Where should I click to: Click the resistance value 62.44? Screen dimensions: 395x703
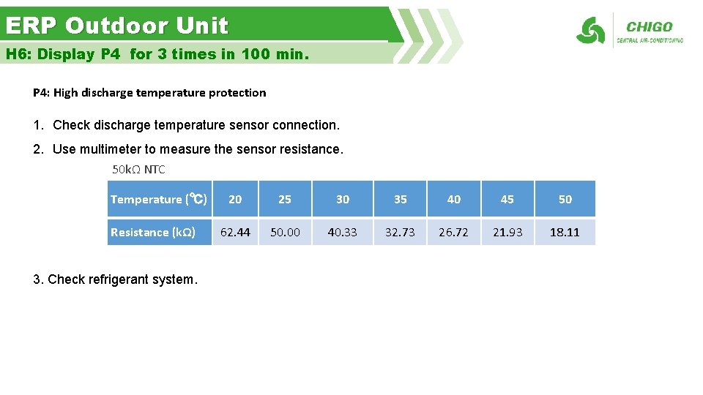point(235,232)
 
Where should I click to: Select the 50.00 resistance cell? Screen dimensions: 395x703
point(285,232)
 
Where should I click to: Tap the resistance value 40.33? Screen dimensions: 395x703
point(342,232)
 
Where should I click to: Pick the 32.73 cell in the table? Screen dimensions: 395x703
point(400,232)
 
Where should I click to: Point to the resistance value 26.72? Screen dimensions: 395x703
point(453,232)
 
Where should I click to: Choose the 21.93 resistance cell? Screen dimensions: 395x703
point(507,232)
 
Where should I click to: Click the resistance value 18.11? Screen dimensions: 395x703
point(565,232)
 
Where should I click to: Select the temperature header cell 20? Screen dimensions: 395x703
point(235,199)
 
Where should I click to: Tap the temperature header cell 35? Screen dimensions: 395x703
point(400,199)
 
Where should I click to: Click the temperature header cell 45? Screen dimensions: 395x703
point(507,199)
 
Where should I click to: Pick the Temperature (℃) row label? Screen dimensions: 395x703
point(158,199)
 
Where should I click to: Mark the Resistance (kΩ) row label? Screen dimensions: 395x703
point(152,232)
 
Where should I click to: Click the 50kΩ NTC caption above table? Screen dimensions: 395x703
point(138,170)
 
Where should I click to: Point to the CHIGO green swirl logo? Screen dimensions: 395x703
point(590,31)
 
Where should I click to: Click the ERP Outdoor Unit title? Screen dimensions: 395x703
point(117,26)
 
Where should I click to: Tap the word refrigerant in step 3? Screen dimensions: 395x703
point(119,279)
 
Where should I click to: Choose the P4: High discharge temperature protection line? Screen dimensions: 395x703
point(149,93)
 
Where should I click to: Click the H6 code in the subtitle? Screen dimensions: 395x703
point(17,54)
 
